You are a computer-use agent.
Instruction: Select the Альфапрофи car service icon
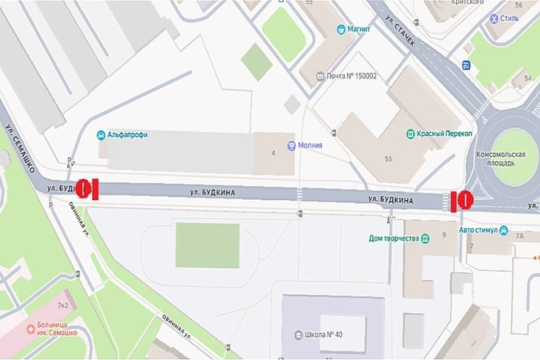click(x=101, y=135)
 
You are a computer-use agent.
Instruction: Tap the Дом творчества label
click(x=394, y=238)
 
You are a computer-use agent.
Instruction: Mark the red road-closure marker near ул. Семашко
click(x=88, y=189)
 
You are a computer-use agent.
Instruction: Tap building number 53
click(x=388, y=159)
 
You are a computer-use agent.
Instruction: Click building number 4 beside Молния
click(x=273, y=153)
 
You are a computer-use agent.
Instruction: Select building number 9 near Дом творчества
click(x=444, y=235)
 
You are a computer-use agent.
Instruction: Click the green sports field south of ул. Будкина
click(x=208, y=246)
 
